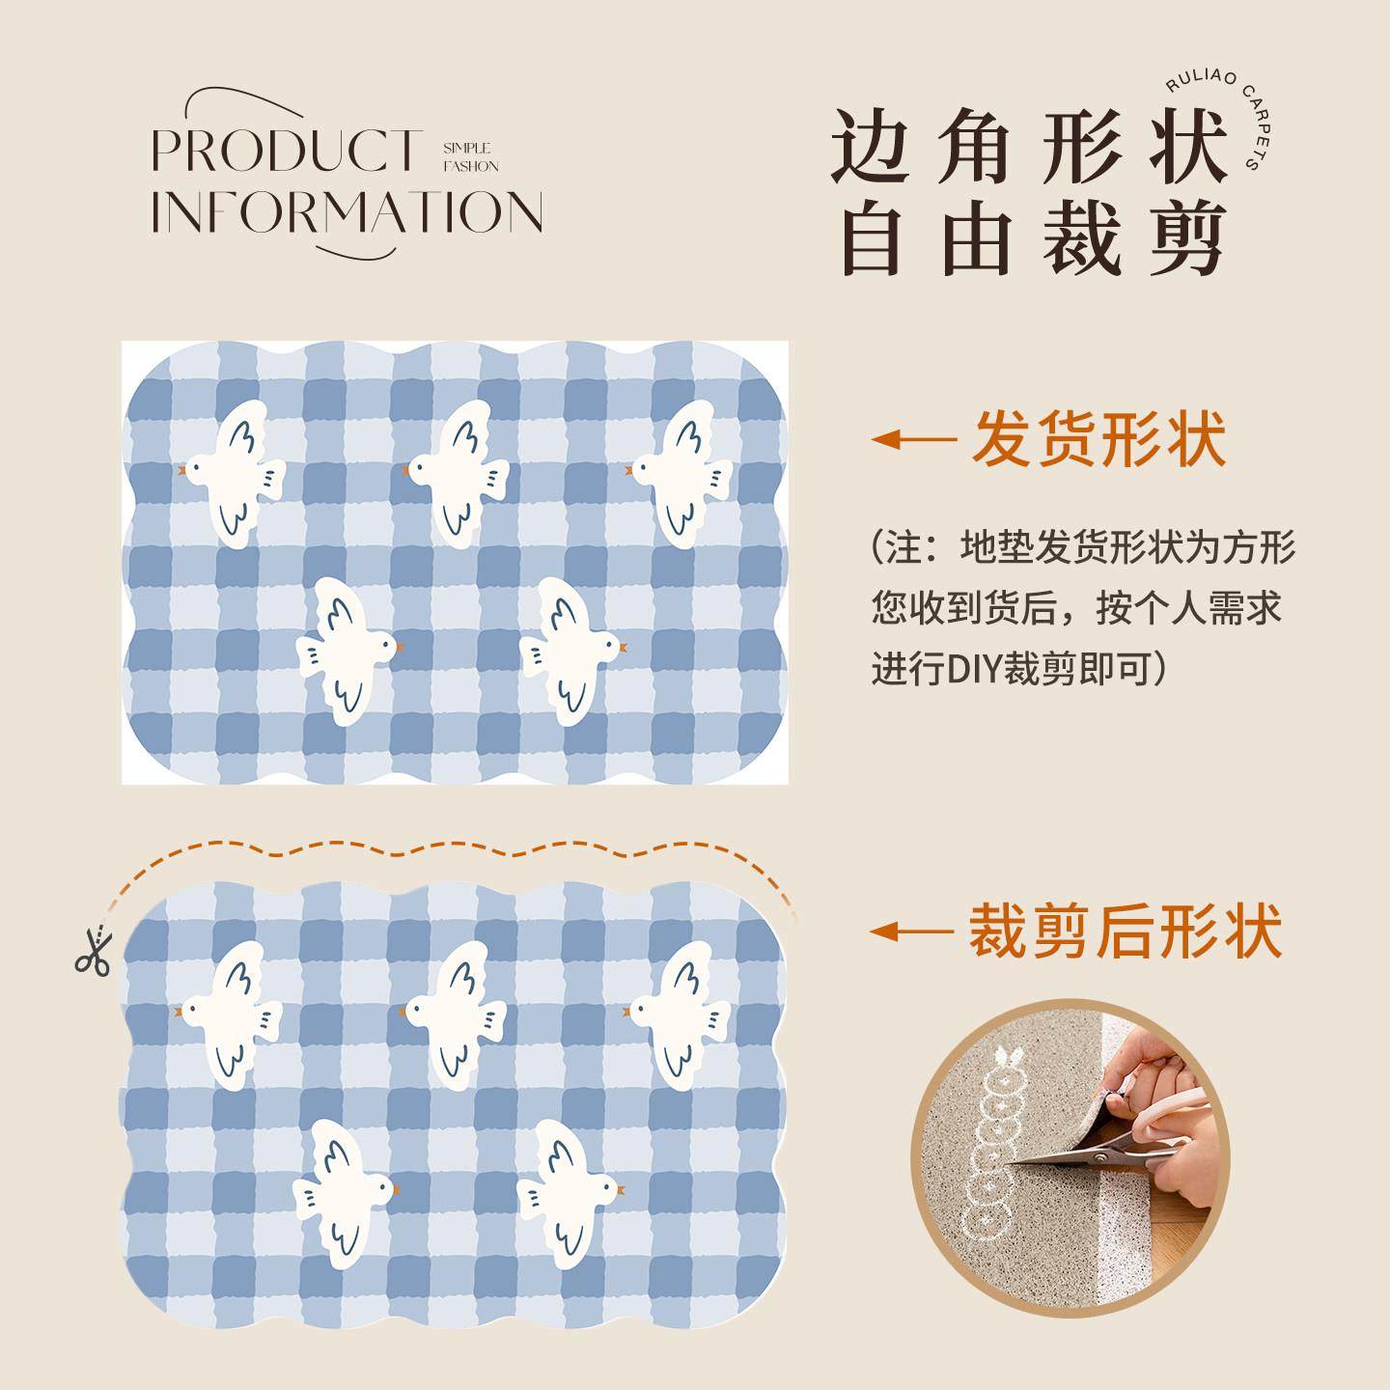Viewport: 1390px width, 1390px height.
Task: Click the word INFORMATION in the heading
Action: (x=347, y=211)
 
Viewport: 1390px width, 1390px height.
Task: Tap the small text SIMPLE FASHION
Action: (x=471, y=156)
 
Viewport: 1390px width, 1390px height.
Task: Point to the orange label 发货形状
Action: (x=1098, y=439)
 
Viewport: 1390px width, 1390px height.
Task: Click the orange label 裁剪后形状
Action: (x=1126, y=931)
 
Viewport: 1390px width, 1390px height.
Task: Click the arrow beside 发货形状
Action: (x=912, y=440)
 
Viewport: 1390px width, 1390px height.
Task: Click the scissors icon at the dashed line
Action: (x=93, y=950)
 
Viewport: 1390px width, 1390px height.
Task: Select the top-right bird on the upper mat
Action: (x=681, y=473)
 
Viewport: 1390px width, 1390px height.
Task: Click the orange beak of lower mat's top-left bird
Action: (x=181, y=1012)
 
